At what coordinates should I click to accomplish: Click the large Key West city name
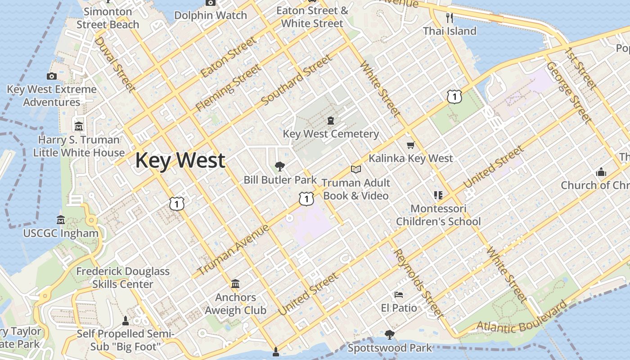(x=180, y=161)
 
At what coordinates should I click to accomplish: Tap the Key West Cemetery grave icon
(x=331, y=121)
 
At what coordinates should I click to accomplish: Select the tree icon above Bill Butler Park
(x=280, y=166)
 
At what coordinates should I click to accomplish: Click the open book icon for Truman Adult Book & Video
(x=356, y=169)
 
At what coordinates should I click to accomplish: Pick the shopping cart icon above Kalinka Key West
(x=410, y=145)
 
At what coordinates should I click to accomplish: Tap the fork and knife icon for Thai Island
(x=449, y=18)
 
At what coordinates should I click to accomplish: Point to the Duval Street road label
(x=115, y=64)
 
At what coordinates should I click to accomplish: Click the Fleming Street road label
(x=228, y=88)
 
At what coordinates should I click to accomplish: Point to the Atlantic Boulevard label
(x=522, y=319)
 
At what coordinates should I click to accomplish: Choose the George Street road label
(x=569, y=93)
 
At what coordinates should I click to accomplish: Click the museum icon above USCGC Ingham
(x=61, y=220)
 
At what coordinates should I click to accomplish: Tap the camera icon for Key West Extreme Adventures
(x=52, y=76)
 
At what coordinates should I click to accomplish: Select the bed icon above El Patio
(x=399, y=295)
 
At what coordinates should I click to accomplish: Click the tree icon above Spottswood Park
(x=389, y=334)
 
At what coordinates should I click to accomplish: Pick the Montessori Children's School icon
(x=438, y=195)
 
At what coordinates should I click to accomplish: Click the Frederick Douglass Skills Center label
(x=123, y=278)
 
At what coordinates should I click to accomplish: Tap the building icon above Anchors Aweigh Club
(x=235, y=284)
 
